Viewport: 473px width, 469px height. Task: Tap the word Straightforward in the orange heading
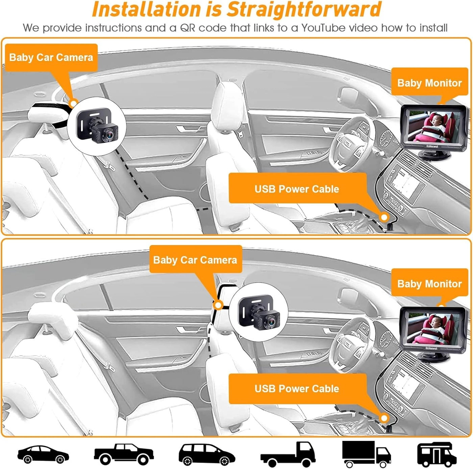point(304,9)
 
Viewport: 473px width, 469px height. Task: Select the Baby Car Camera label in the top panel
point(51,57)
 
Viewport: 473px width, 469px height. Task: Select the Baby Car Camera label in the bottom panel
point(195,260)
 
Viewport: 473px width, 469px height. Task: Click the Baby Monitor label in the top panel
point(429,83)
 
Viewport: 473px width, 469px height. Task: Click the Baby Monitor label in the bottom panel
point(429,284)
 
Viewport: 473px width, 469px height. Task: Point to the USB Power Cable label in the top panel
point(297,188)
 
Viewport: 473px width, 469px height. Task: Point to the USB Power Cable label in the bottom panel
point(297,388)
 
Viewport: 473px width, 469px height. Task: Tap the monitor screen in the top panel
point(433,127)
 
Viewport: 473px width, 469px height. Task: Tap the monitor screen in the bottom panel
point(433,327)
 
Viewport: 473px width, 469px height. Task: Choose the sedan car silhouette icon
point(43,454)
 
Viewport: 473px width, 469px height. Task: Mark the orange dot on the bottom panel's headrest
point(218,305)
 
